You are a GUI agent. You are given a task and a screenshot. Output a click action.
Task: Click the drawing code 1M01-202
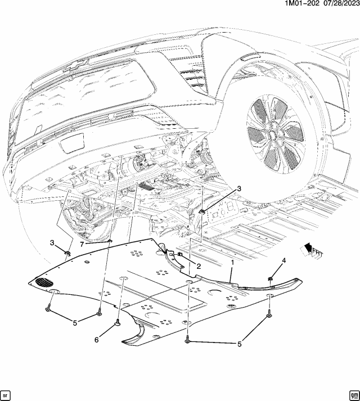[299, 3]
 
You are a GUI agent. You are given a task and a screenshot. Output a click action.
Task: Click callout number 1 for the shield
[232, 263]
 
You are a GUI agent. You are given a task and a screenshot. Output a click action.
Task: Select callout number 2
[199, 266]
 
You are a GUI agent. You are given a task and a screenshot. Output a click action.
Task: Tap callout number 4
[284, 260]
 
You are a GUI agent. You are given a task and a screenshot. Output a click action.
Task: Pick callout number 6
[96, 340]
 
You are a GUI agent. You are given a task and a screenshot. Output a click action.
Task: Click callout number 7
[82, 245]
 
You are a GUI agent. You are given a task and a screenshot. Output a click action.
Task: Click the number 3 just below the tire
[239, 189]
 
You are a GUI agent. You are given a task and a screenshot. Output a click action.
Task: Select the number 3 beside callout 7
[52, 243]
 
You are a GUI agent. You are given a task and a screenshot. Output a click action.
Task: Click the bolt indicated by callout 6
[118, 322]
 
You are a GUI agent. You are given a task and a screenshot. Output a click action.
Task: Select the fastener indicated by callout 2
[180, 254]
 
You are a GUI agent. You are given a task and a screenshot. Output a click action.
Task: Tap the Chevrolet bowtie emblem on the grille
[77, 65]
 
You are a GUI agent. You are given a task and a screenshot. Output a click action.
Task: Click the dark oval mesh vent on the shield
[44, 282]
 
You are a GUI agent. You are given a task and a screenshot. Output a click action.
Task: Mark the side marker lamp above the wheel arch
[250, 57]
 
